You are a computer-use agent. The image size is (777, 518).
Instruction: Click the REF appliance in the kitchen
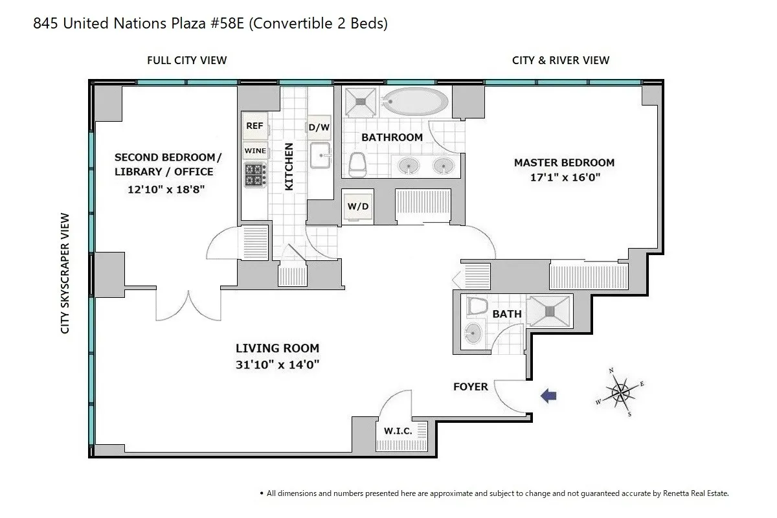click(255, 126)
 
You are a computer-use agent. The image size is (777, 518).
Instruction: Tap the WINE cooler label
click(255, 151)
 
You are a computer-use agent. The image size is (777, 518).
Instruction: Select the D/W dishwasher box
click(319, 128)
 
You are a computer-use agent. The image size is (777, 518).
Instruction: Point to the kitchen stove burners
click(255, 174)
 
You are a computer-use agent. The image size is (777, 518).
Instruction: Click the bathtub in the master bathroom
click(414, 101)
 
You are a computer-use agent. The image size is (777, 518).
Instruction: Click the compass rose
click(620, 392)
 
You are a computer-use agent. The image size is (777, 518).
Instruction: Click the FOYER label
click(470, 387)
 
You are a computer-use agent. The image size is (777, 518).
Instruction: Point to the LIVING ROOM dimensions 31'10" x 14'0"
click(278, 365)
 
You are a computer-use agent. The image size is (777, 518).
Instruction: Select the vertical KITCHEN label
click(289, 166)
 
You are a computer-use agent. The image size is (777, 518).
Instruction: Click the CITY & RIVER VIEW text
click(560, 60)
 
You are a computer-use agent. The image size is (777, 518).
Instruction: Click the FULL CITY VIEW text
click(186, 60)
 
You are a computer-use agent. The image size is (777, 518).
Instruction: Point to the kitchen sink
click(320, 156)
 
